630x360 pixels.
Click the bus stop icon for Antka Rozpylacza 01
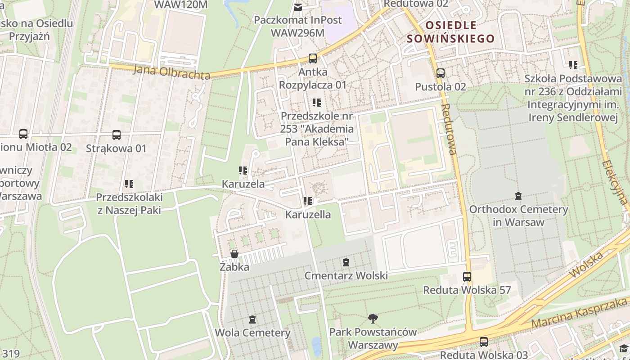pos(312,58)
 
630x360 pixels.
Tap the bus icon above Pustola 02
pos(440,73)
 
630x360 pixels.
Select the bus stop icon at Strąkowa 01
pos(116,135)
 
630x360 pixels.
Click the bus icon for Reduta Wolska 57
pos(467,276)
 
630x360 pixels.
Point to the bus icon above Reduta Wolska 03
pos(483,342)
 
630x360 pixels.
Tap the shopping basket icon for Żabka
pos(234,254)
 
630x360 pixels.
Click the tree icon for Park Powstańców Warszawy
pos(373,319)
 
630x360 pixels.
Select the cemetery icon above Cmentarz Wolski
pos(346,262)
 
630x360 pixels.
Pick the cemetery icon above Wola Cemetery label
pos(252,319)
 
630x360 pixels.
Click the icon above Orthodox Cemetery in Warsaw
pos(518,196)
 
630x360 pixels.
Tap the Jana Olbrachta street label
pos(172,72)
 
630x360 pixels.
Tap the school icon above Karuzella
pos(308,201)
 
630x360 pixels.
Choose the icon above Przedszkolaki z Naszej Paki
pos(129,184)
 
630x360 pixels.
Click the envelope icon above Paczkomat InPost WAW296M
pos(297,7)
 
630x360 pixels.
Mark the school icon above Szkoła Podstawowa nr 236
pos(573,65)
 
